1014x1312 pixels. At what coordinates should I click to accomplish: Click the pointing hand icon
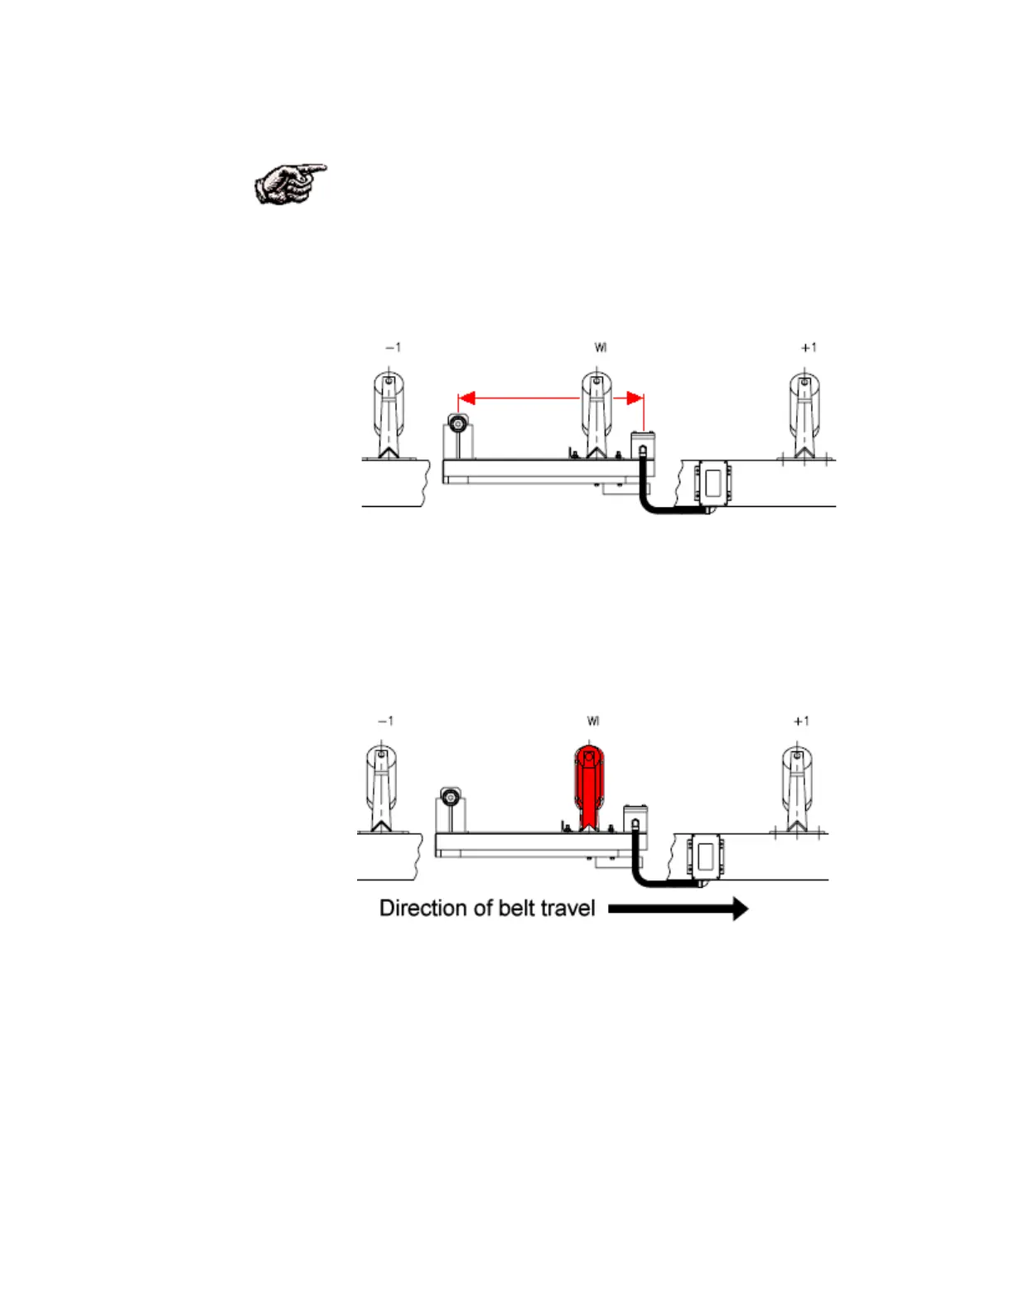pyautogui.click(x=290, y=183)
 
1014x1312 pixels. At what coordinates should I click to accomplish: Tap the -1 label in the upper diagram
pyautogui.click(x=393, y=347)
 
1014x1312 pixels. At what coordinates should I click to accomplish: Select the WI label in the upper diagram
pyautogui.click(x=601, y=347)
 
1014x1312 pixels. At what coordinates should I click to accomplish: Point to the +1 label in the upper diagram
pyautogui.click(x=809, y=347)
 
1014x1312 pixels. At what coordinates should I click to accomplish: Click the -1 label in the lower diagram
pyautogui.click(x=385, y=721)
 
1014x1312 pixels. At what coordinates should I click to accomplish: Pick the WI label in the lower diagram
pyautogui.click(x=593, y=721)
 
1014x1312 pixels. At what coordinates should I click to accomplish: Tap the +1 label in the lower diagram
pyautogui.click(x=801, y=721)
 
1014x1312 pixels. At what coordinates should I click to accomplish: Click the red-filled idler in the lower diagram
pyautogui.click(x=589, y=783)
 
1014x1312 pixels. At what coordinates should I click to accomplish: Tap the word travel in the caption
pyautogui.click(x=567, y=909)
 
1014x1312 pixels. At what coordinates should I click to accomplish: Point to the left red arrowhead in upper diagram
pyautogui.click(x=466, y=398)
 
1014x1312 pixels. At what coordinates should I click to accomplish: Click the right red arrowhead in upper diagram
pyautogui.click(x=635, y=398)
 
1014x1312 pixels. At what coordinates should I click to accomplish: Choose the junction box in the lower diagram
pyautogui.click(x=705, y=856)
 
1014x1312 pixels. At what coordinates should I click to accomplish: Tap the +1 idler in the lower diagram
pyautogui.click(x=797, y=787)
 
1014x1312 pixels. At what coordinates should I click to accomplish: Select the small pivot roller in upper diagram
pyautogui.click(x=456, y=423)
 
